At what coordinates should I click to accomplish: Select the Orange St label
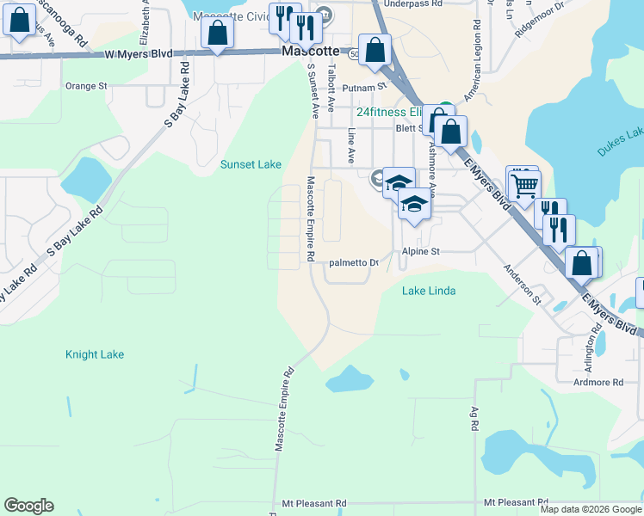click(x=86, y=86)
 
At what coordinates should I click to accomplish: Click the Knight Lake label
click(x=95, y=354)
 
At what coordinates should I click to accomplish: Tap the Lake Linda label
click(x=429, y=292)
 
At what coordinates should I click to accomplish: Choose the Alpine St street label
click(x=421, y=251)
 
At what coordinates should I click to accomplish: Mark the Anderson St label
click(x=523, y=285)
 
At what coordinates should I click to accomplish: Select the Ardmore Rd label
click(x=594, y=382)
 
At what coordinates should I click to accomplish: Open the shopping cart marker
click(x=523, y=184)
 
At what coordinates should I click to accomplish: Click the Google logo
click(x=28, y=506)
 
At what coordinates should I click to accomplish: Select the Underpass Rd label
click(x=412, y=4)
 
